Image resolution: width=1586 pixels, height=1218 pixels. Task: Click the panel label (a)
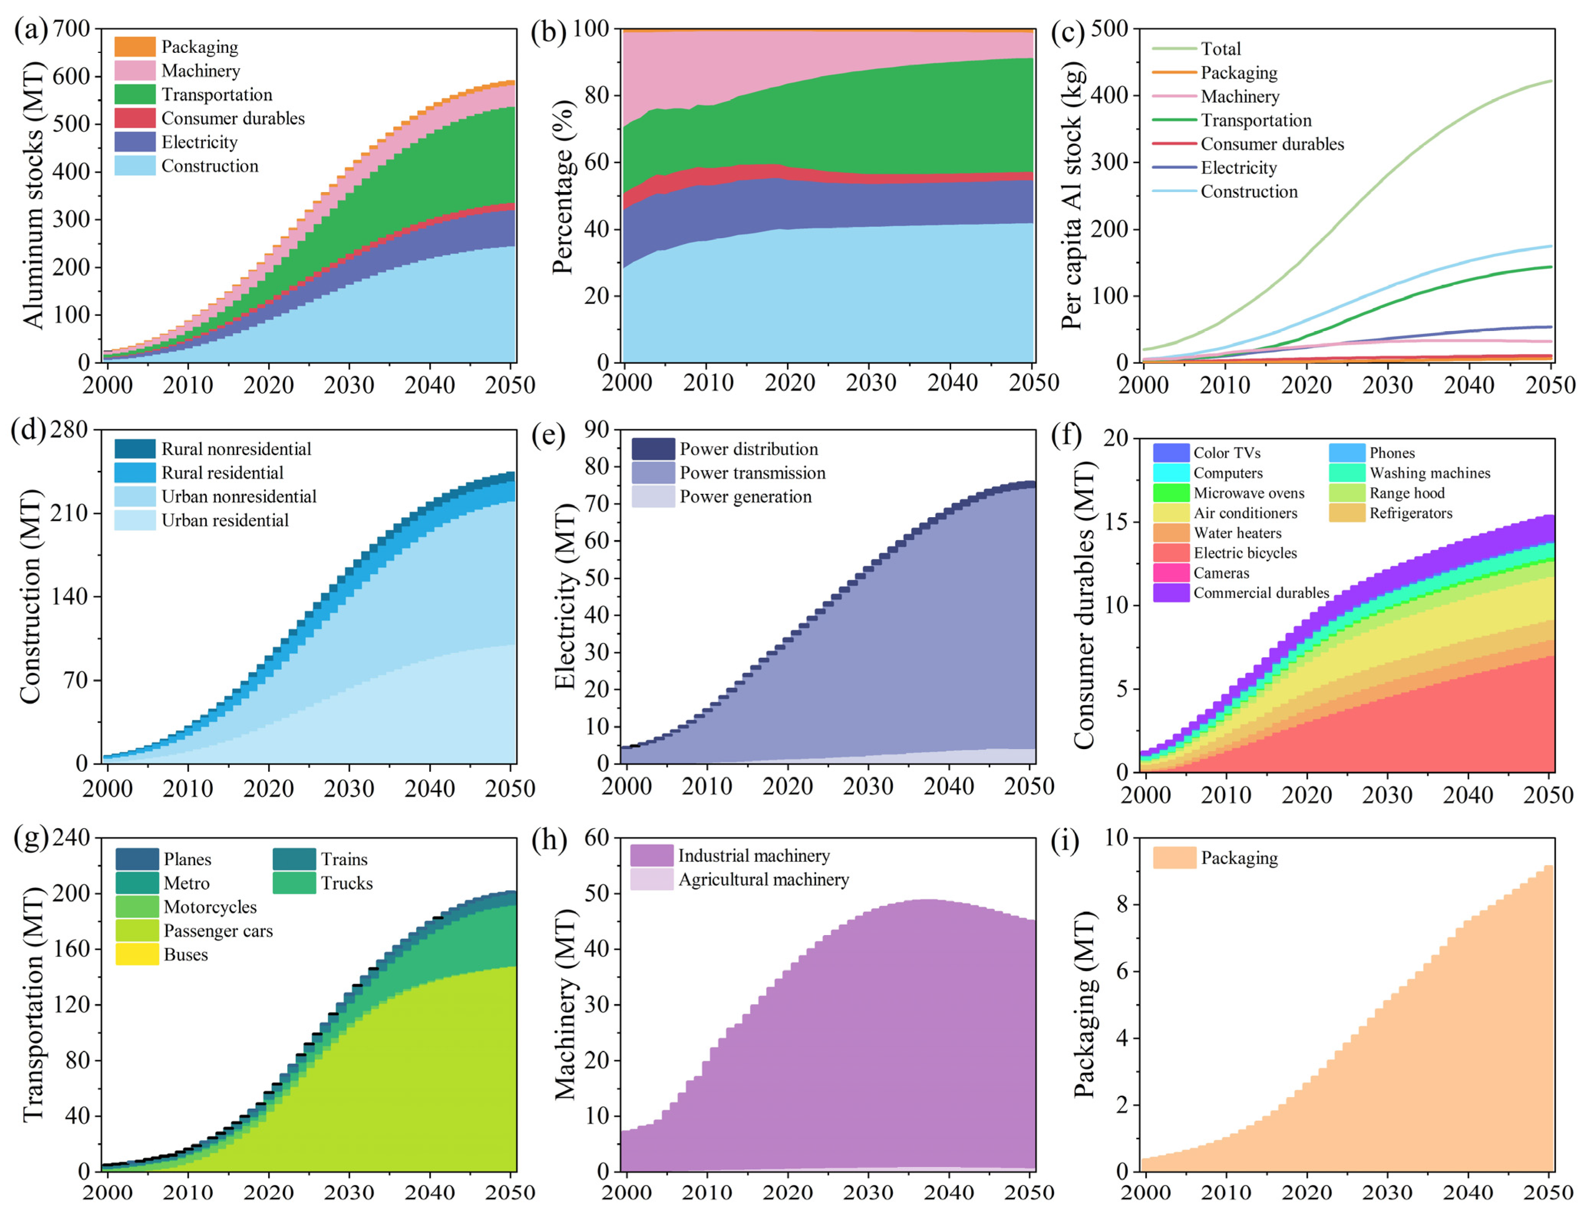[30, 30]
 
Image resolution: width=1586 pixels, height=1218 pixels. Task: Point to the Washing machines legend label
[1430, 473]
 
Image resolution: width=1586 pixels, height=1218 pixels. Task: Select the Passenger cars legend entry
[217, 931]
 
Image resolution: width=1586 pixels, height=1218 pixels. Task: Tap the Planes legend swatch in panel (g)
[137, 859]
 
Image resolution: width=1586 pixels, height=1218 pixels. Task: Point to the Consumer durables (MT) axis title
[1084, 605]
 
